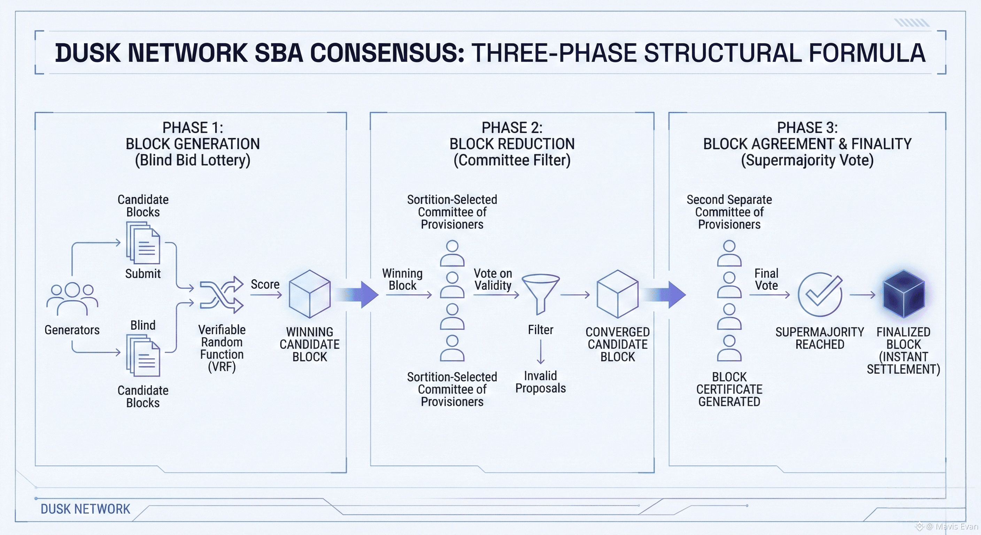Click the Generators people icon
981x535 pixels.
(x=72, y=299)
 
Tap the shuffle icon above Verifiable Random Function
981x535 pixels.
(x=222, y=295)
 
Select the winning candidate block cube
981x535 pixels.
(x=310, y=294)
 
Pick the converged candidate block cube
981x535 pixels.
(x=617, y=294)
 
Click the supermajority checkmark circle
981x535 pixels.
(x=820, y=294)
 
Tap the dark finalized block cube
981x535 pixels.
(x=904, y=294)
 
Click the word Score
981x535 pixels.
(x=265, y=285)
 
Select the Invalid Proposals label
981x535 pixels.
(x=540, y=382)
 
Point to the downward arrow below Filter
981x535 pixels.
(x=540, y=352)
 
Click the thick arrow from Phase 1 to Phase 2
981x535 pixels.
(x=358, y=294)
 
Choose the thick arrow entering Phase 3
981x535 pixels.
(x=666, y=294)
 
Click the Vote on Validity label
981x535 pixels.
(x=493, y=279)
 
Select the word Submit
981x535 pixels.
(x=143, y=274)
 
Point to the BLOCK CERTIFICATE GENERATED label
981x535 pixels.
(x=729, y=389)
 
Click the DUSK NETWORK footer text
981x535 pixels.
(x=85, y=509)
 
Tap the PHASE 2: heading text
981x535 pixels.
(x=512, y=127)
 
